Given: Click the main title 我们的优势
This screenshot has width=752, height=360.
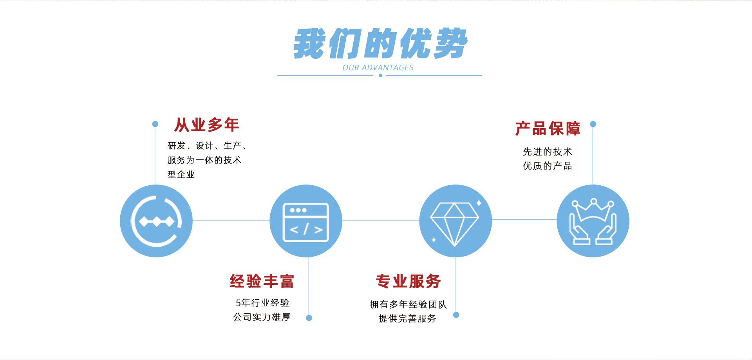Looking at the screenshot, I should coord(380,43).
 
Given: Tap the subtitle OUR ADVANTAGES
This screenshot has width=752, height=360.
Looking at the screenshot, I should coord(378,68).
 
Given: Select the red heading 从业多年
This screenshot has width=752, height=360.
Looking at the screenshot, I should coord(206,125).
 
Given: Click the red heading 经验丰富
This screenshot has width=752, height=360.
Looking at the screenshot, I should coord(262,281).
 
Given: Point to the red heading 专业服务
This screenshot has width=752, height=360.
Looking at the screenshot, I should coord(409,281).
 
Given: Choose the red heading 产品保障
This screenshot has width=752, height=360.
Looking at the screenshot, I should coord(548,128).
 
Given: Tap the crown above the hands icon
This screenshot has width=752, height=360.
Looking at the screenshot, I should coord(593,210).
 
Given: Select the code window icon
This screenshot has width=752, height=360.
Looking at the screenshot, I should coord(306,222).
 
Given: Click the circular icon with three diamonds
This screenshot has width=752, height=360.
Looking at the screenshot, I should coord(156,221).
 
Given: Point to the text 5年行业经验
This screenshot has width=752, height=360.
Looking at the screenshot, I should coord(262,303).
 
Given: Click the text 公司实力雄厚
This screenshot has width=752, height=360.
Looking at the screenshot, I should coord(262,317).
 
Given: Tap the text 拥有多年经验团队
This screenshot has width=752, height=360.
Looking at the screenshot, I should coord(408,304).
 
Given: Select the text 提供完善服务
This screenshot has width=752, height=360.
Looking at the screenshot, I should coord(407,318).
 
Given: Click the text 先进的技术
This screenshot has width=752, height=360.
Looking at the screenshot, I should coord(548,152).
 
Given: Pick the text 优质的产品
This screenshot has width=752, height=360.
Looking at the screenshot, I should coord(548,166).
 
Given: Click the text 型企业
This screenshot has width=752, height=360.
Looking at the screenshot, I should coord(181,174).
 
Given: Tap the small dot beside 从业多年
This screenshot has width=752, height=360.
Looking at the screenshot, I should coord(155,124).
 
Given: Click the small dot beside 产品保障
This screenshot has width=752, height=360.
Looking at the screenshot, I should coord(593,124).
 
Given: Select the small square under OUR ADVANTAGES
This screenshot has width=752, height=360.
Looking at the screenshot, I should coord(380,76).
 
